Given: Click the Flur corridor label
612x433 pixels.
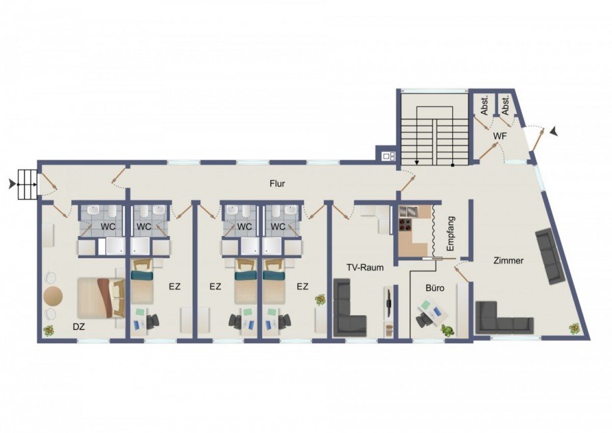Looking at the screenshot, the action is click(277, 184).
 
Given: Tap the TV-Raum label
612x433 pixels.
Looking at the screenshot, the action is click(365, 267).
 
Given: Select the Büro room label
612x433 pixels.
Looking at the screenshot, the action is click(435, 288).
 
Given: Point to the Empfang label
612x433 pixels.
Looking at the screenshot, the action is click(451, 233).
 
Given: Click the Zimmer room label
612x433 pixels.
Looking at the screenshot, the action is click(508, 261).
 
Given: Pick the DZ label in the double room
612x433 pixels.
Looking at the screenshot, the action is click(79, 327).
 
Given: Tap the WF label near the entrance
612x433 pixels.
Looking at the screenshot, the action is click(500, 136).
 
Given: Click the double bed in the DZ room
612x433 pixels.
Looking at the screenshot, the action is click(100, 297).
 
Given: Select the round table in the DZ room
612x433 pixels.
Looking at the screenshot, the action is click(53, 297).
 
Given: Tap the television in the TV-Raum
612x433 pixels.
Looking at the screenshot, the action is click(388, 303).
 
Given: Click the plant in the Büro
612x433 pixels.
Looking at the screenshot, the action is click(448, 331).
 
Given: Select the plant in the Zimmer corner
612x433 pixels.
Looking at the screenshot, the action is click(574, 329).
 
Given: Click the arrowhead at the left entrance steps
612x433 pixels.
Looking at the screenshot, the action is click(13, 184).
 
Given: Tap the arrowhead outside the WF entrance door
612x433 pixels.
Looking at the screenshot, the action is click(554, 132).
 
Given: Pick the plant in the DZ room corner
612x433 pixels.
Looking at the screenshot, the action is click(49, 331).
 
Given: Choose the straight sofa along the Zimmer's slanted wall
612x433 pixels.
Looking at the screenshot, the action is click(550, 256).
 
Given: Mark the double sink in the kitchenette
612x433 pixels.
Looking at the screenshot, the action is click(408, 211).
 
